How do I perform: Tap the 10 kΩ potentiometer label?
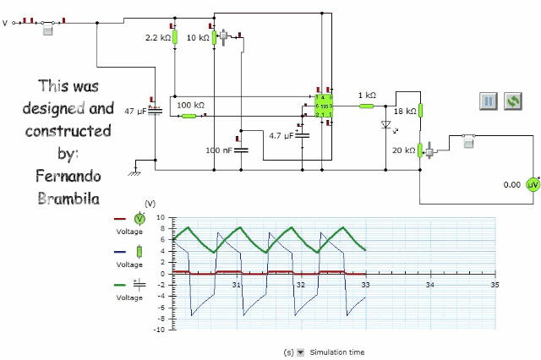197,38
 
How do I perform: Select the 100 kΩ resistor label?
190,105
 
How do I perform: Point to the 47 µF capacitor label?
135,112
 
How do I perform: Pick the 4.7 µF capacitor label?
281,135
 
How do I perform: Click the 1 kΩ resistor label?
366,95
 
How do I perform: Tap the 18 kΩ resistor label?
405,111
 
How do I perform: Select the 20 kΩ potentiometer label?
405,150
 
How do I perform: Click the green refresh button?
512,101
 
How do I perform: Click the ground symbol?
133,172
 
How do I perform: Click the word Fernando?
68,176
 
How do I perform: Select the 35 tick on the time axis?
495,286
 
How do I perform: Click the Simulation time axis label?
337,352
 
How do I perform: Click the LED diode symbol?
386,126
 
